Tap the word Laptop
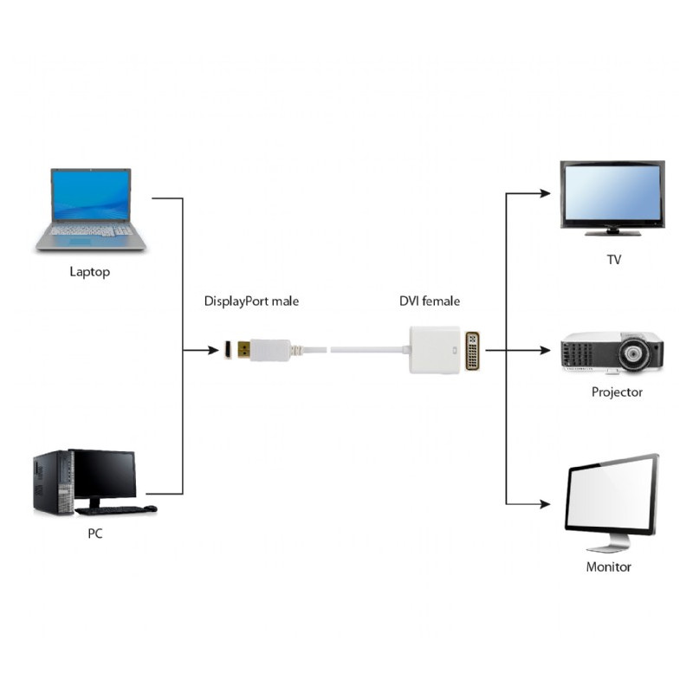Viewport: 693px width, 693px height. click(90, 272)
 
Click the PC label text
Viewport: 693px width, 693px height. click(95, 534)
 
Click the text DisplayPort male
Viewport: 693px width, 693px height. click(251, 301)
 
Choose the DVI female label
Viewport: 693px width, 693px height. click(430, 301)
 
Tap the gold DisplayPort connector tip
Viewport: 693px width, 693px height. click(243, 350)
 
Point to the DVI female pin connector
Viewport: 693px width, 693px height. click(473, 350)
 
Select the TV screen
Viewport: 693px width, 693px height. click(612, 194)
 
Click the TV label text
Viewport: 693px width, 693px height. click(614, 259)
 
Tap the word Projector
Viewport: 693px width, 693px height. click(617, 392)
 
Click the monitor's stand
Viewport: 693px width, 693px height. click(610, 543)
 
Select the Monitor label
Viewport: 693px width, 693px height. click(608, 567)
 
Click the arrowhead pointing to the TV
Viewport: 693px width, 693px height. click(546, 193)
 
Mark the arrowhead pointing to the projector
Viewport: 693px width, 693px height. click(546, 351)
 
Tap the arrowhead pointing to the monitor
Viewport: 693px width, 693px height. click(546, 504)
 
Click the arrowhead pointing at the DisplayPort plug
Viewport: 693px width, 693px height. click(214, 351)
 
